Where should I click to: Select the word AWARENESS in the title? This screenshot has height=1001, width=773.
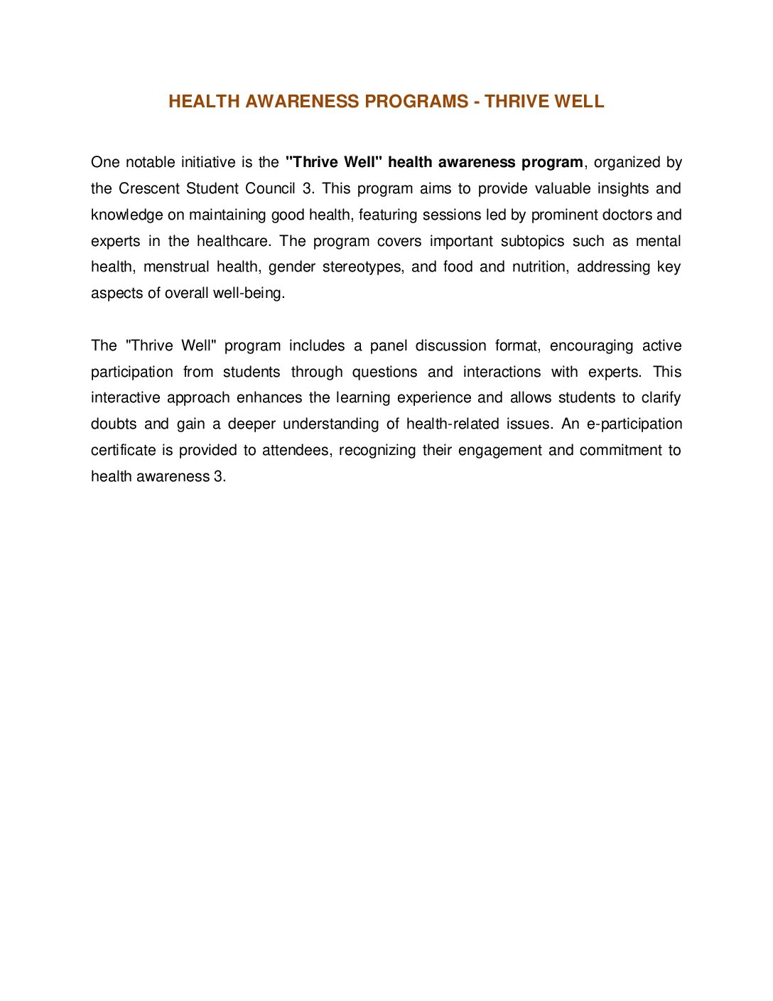click(303, 102)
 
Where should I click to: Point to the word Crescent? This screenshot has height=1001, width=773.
click(149, 188)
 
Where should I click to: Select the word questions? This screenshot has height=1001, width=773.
click(384, 372)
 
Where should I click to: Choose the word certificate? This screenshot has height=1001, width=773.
click(123, 450)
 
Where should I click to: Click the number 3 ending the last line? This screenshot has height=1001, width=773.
click(217, 476)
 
